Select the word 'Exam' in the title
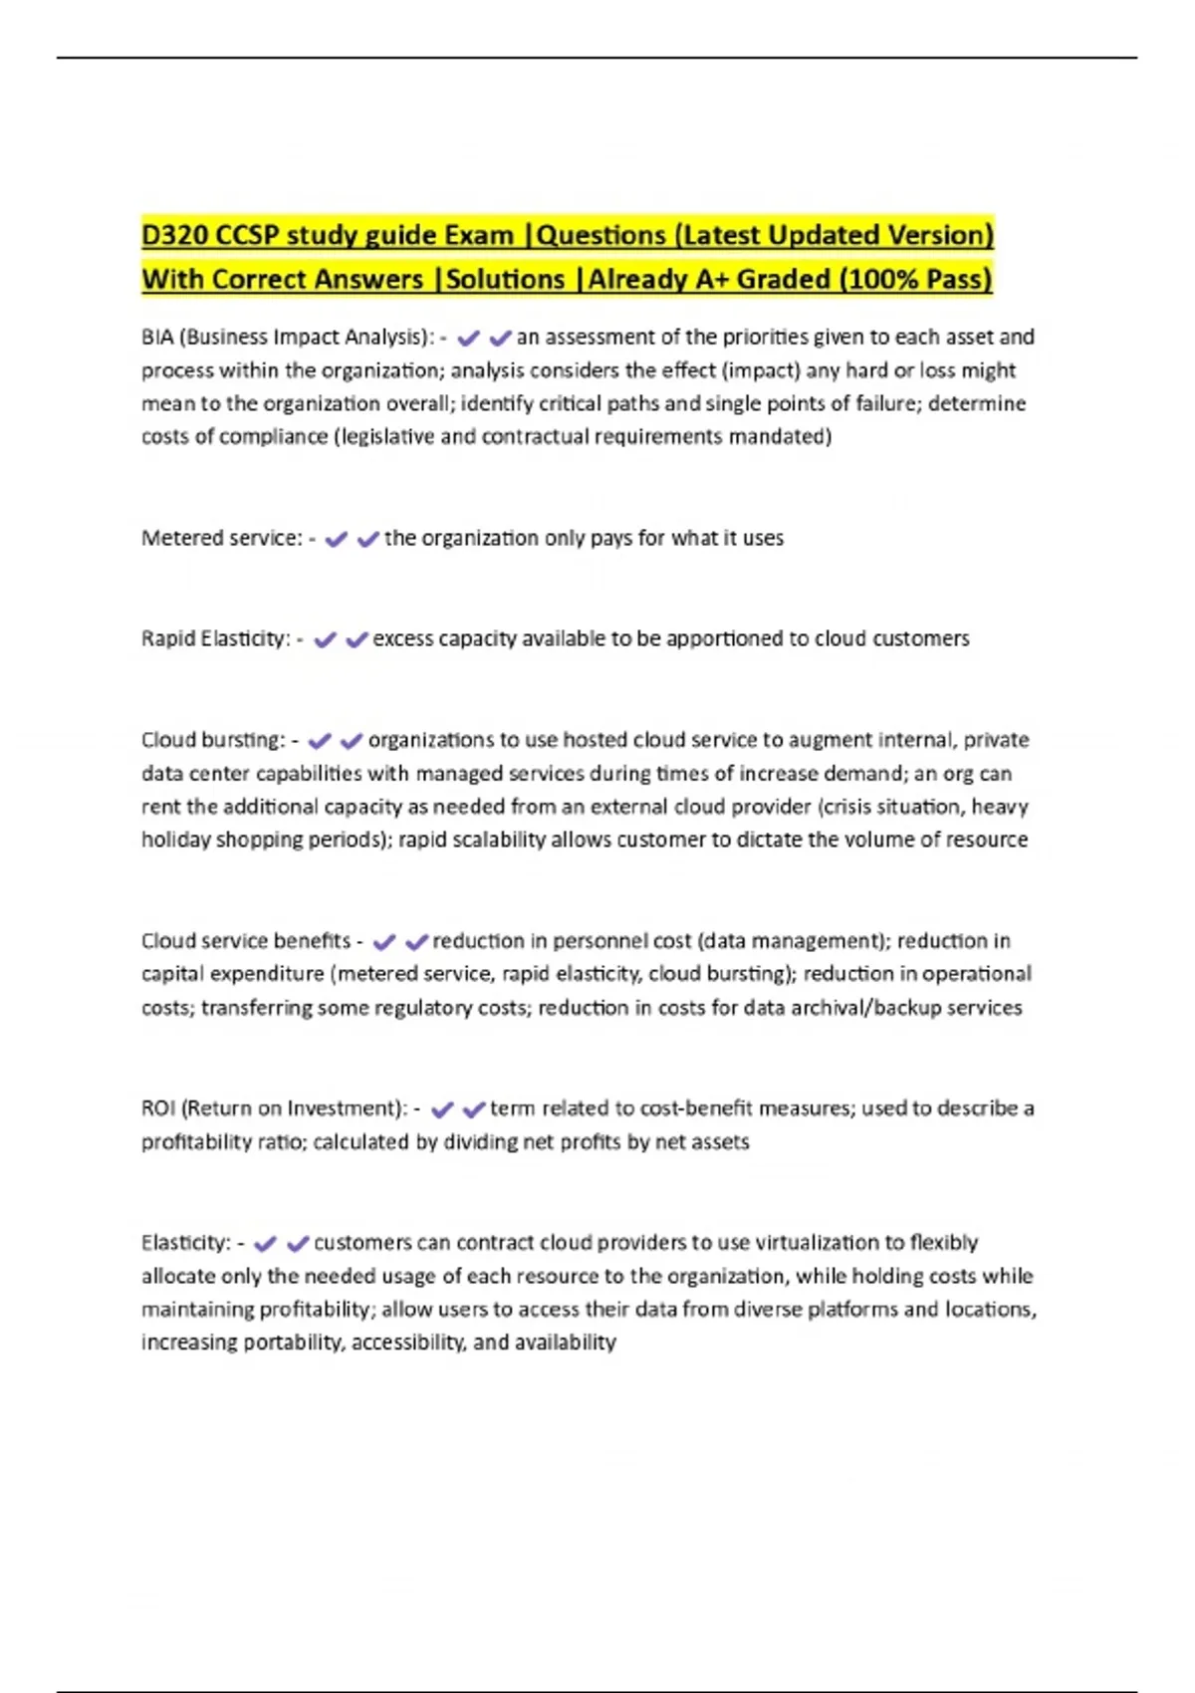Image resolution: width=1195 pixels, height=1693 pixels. pyautogui.click(x=479, y=235)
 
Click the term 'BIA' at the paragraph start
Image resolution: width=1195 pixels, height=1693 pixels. pyautogui.click(x=157, y=338)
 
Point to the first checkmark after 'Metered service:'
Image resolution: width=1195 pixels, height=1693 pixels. pyautogui.click(x=337, y=539)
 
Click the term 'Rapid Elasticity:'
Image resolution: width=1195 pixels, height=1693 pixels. pyautogui.click(x=216, y=639)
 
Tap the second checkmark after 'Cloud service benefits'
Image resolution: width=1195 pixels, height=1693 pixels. pyautogui.click(x=416, y=941)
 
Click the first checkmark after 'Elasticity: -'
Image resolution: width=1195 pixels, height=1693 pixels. pyautogui.click(x=265, y=1244)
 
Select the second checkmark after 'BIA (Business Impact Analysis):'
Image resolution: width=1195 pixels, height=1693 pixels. pyautogui.click(x=500, y=339)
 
